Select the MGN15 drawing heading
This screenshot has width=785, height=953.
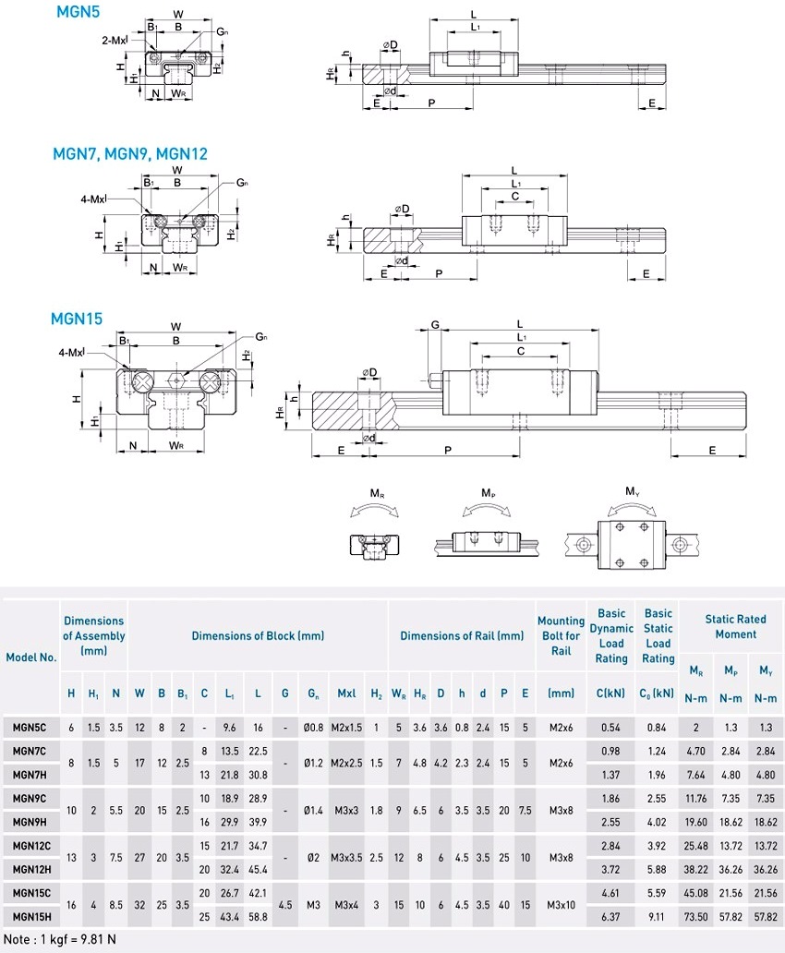click(77, 320)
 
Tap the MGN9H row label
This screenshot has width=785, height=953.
click(30, 821)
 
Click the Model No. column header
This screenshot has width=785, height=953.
click(31, 657)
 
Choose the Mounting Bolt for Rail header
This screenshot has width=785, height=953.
click(561, 635)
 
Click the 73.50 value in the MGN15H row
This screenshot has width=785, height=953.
click(695, 916)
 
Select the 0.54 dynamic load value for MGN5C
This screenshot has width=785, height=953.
click(610, 728)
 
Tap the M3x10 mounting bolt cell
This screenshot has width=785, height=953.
click(561, 904)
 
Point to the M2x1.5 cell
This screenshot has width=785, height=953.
click(347, 728)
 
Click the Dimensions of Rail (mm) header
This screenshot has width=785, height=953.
click(462, 635)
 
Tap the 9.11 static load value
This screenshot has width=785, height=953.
click(658, 916)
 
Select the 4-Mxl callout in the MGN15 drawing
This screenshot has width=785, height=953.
click(71, 352)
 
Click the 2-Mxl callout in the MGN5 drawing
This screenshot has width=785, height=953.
click(115, 42)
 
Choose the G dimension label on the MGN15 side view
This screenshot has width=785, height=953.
click(434, 325)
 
